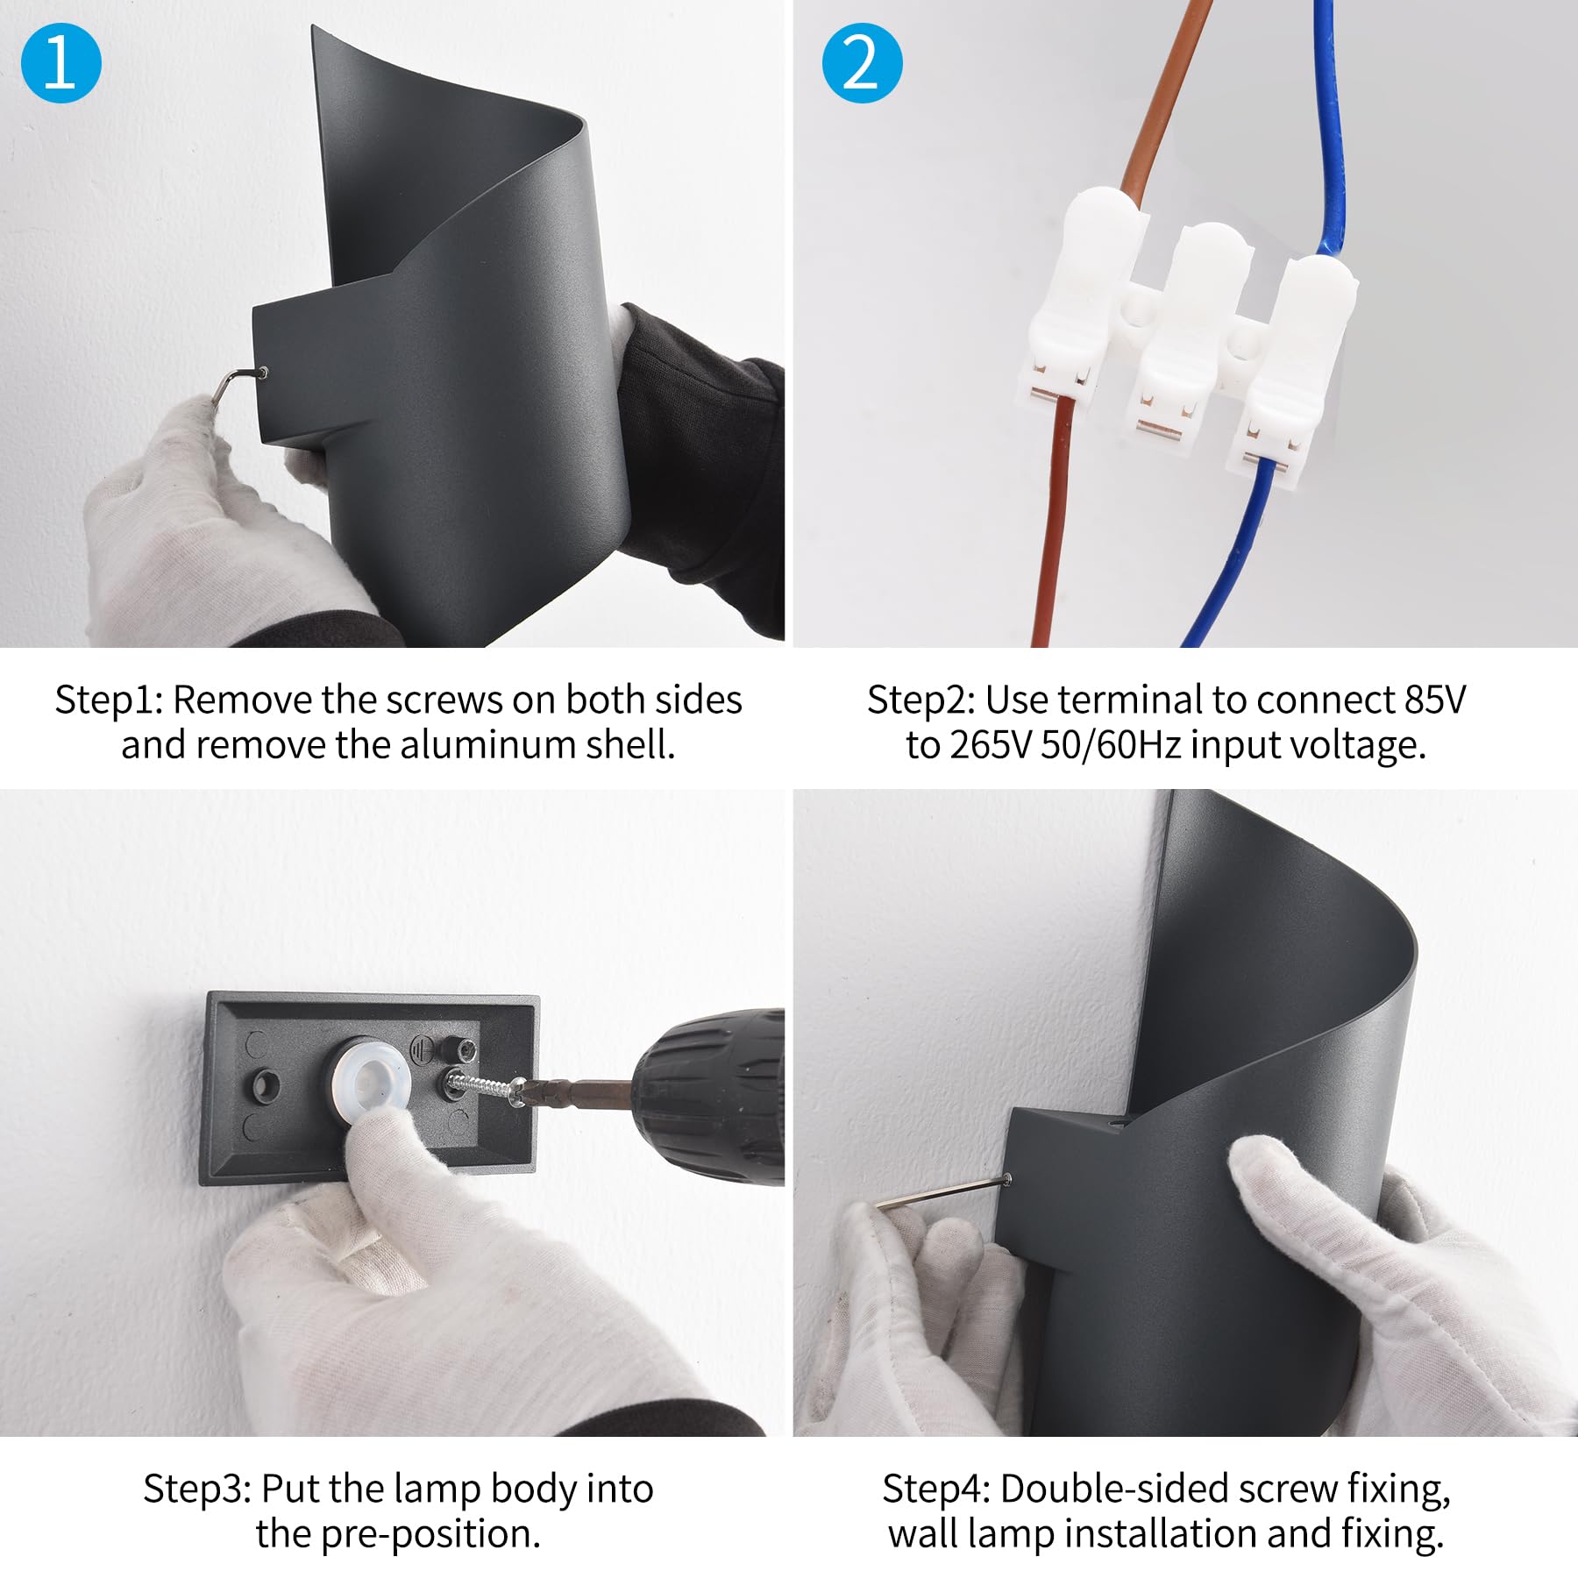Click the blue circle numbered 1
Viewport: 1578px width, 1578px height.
[x=60, y=63]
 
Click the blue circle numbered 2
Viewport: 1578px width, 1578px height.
[x=862, y=63]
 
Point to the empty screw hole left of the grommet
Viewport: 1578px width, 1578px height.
[x=266, y=1085]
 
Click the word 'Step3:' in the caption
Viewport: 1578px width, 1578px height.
[x=197, y=1489]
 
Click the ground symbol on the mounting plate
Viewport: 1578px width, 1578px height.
[x=421, y=1050]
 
